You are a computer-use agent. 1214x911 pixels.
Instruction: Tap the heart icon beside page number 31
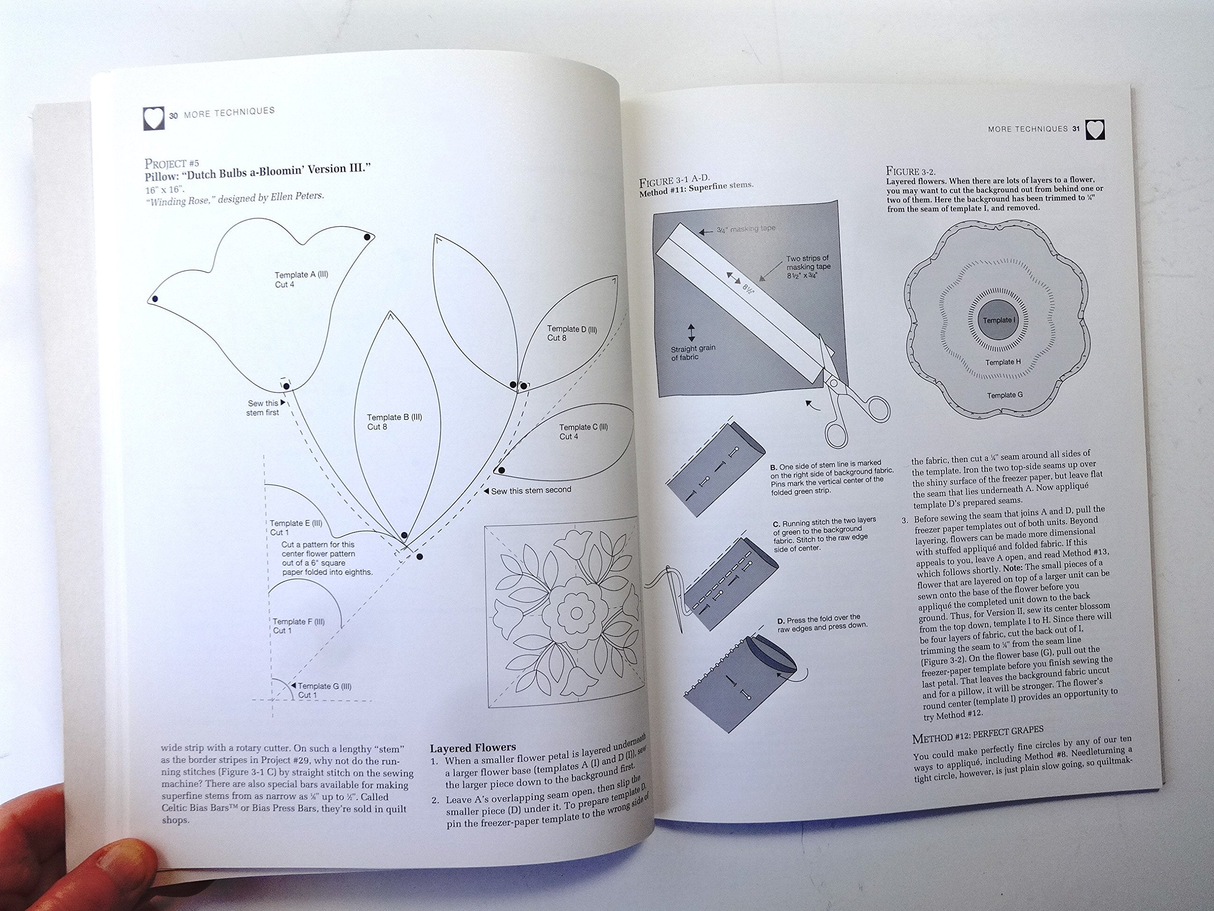click(1095, 130)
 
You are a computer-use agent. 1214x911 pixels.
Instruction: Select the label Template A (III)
click(301, 275)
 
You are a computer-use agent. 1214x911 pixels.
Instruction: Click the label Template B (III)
click(394, 418)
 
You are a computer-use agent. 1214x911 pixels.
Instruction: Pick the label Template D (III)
click(572, 329)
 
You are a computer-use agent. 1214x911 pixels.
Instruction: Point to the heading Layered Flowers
click(472, 747)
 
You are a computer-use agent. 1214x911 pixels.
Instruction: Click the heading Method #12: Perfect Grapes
click(977, 734)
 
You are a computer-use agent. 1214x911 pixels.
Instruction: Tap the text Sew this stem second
click(531, 490)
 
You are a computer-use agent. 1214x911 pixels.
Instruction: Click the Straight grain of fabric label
click(693, 353)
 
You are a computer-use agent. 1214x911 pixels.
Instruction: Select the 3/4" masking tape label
click(746, 229)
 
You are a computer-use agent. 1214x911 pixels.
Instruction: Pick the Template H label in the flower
click(1002, 363)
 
